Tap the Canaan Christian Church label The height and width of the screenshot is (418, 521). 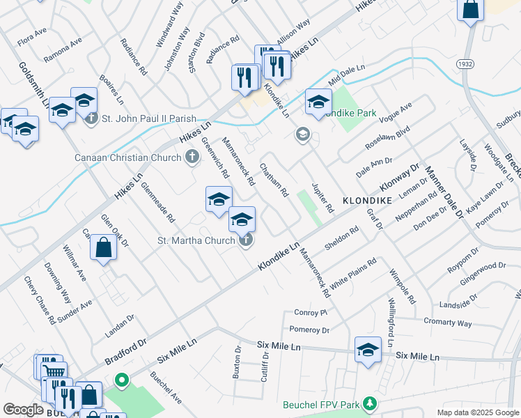[128, 157]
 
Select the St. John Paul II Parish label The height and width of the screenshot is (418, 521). [149, 118]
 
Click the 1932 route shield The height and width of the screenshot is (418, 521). [467, 64]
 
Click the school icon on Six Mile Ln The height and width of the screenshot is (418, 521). [368, 350]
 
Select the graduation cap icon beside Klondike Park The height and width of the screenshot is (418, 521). [318, 102]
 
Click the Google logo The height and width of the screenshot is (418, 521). [23, 410]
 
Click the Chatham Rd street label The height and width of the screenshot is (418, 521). [274, 180]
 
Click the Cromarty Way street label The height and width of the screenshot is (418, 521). [448, 323]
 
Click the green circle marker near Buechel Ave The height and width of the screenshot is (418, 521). [122, 380]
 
